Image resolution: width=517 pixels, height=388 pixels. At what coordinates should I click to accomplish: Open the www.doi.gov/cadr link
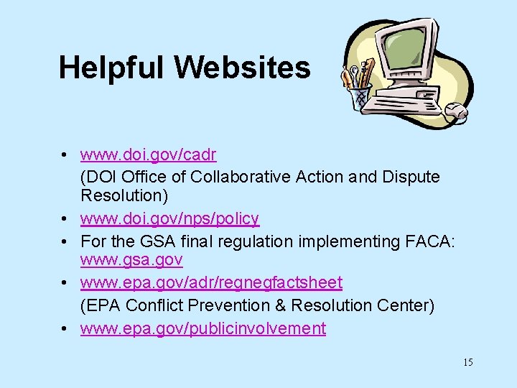[x=148, y=154]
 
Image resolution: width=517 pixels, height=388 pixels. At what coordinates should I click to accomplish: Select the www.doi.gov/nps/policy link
[x=169, y=218]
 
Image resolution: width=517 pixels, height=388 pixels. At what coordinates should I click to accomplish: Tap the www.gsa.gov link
[x=131, y=259]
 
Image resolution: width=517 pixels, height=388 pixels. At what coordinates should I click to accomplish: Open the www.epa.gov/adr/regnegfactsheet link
[x=211, y=283]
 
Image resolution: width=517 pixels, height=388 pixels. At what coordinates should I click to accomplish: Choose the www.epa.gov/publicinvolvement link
[x=202, y=328]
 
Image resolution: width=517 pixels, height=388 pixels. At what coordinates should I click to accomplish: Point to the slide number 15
[x=467, y=362]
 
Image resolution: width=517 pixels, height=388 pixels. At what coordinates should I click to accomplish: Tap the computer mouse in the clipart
[x=457, y=111]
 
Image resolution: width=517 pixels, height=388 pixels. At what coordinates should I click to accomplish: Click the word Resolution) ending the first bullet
[x=121, y=195]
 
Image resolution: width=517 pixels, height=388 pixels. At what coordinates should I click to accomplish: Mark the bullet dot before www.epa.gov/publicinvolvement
[x=65, y=329]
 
